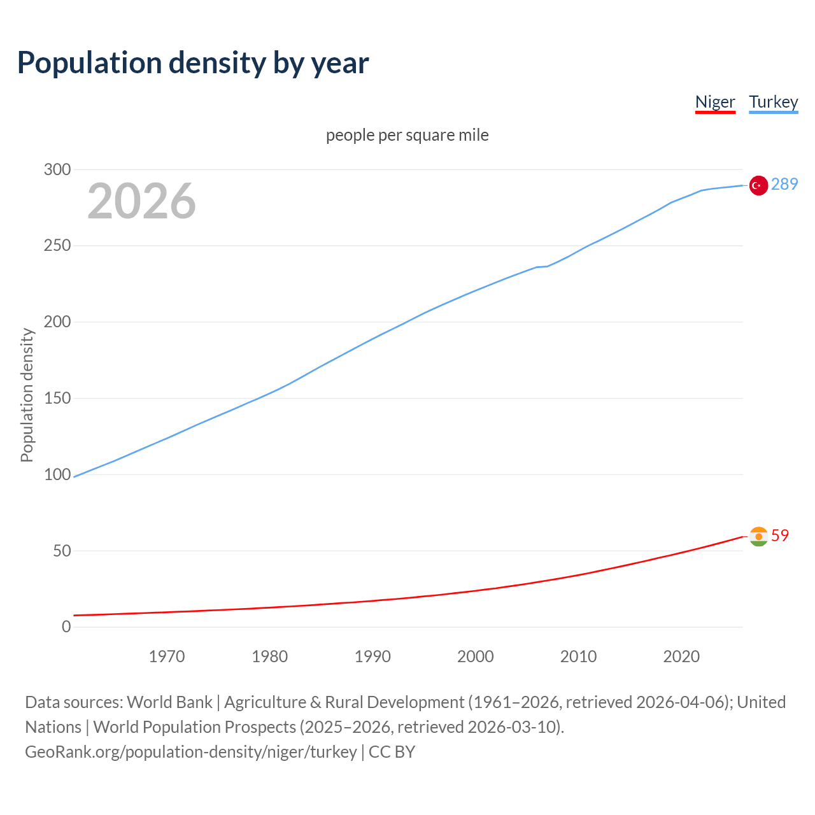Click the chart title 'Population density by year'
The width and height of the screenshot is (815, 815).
coord(193,63)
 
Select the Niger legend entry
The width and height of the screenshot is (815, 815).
coord(715,102)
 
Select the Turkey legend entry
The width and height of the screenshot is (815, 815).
coord(773,102)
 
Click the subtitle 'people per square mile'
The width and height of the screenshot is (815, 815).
coord(407,135)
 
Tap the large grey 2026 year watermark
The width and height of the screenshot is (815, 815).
coord(141,201)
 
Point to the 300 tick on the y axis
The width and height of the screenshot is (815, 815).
coord(57,169)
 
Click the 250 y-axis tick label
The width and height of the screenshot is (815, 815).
coord(57,246)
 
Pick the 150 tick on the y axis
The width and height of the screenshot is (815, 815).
coord(57,398)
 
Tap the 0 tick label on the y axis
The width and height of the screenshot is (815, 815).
coord(66,627)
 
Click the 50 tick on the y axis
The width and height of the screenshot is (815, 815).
coord(62,551)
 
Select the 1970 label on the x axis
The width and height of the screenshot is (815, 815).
coord(167,656)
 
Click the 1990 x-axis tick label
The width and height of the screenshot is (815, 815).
coord(372,656)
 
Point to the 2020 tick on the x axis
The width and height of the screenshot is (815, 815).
coord(681,656)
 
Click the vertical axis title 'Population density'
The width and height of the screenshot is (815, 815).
coord(27,395)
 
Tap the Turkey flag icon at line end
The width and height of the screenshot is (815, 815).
coord(758,185)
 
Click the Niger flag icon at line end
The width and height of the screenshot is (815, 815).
coord(758,536)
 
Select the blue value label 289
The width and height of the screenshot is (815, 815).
coord(784,185)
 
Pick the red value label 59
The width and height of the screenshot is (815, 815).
coord(780,535)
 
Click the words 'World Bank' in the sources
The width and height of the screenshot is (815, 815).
coord(169,702)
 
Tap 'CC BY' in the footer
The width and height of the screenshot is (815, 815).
coord(392,751)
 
